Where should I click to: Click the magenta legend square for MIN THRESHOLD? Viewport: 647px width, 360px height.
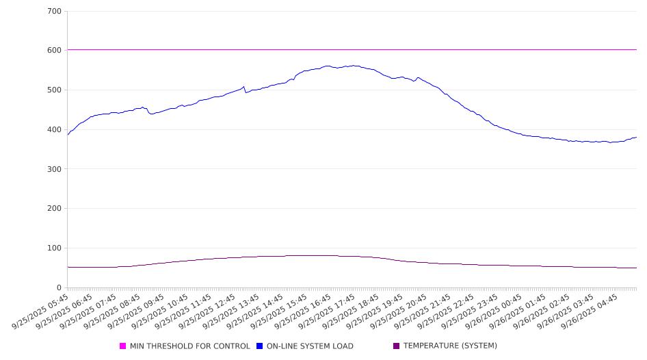pos(123,346)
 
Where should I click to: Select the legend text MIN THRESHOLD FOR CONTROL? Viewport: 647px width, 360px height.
pos(189,346)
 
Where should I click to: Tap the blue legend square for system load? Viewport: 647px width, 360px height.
pos(260,346)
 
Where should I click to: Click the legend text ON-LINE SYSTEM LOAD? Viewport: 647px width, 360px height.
pos(310,346)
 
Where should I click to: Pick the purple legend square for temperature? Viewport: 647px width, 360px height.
pos(397,346)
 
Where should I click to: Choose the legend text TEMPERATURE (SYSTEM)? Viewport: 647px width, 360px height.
pos(450,346)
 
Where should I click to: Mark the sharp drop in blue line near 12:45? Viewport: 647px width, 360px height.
pos(245,90)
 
